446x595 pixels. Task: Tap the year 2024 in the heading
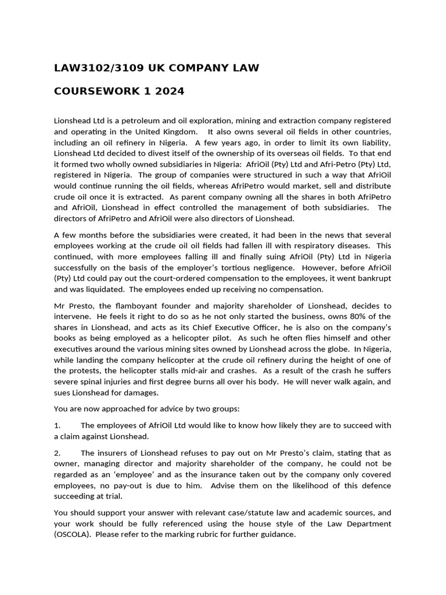pyautogui.click(x=170, y=91)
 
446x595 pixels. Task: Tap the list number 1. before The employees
pyautogui.click(x=57, y=425)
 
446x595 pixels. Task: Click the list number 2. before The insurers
pyautogui.click(x=57, y=453)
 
